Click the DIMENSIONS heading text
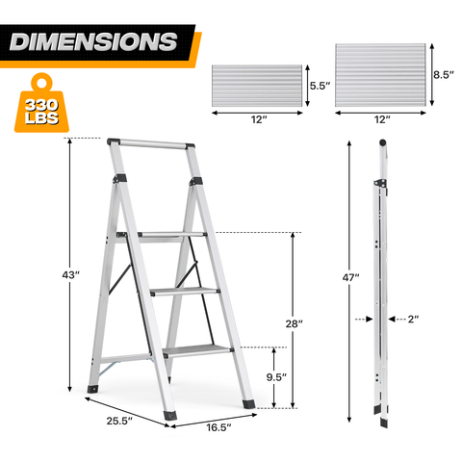point(93,41)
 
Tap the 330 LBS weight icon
point(41,103)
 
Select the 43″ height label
point(70,275)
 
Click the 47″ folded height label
point(350,277)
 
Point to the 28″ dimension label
point(294,323)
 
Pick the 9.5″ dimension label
point(276,377)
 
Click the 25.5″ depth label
point(119,421)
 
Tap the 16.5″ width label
point(218,427)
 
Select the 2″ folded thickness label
point(413,319)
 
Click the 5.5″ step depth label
point(320,86)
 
